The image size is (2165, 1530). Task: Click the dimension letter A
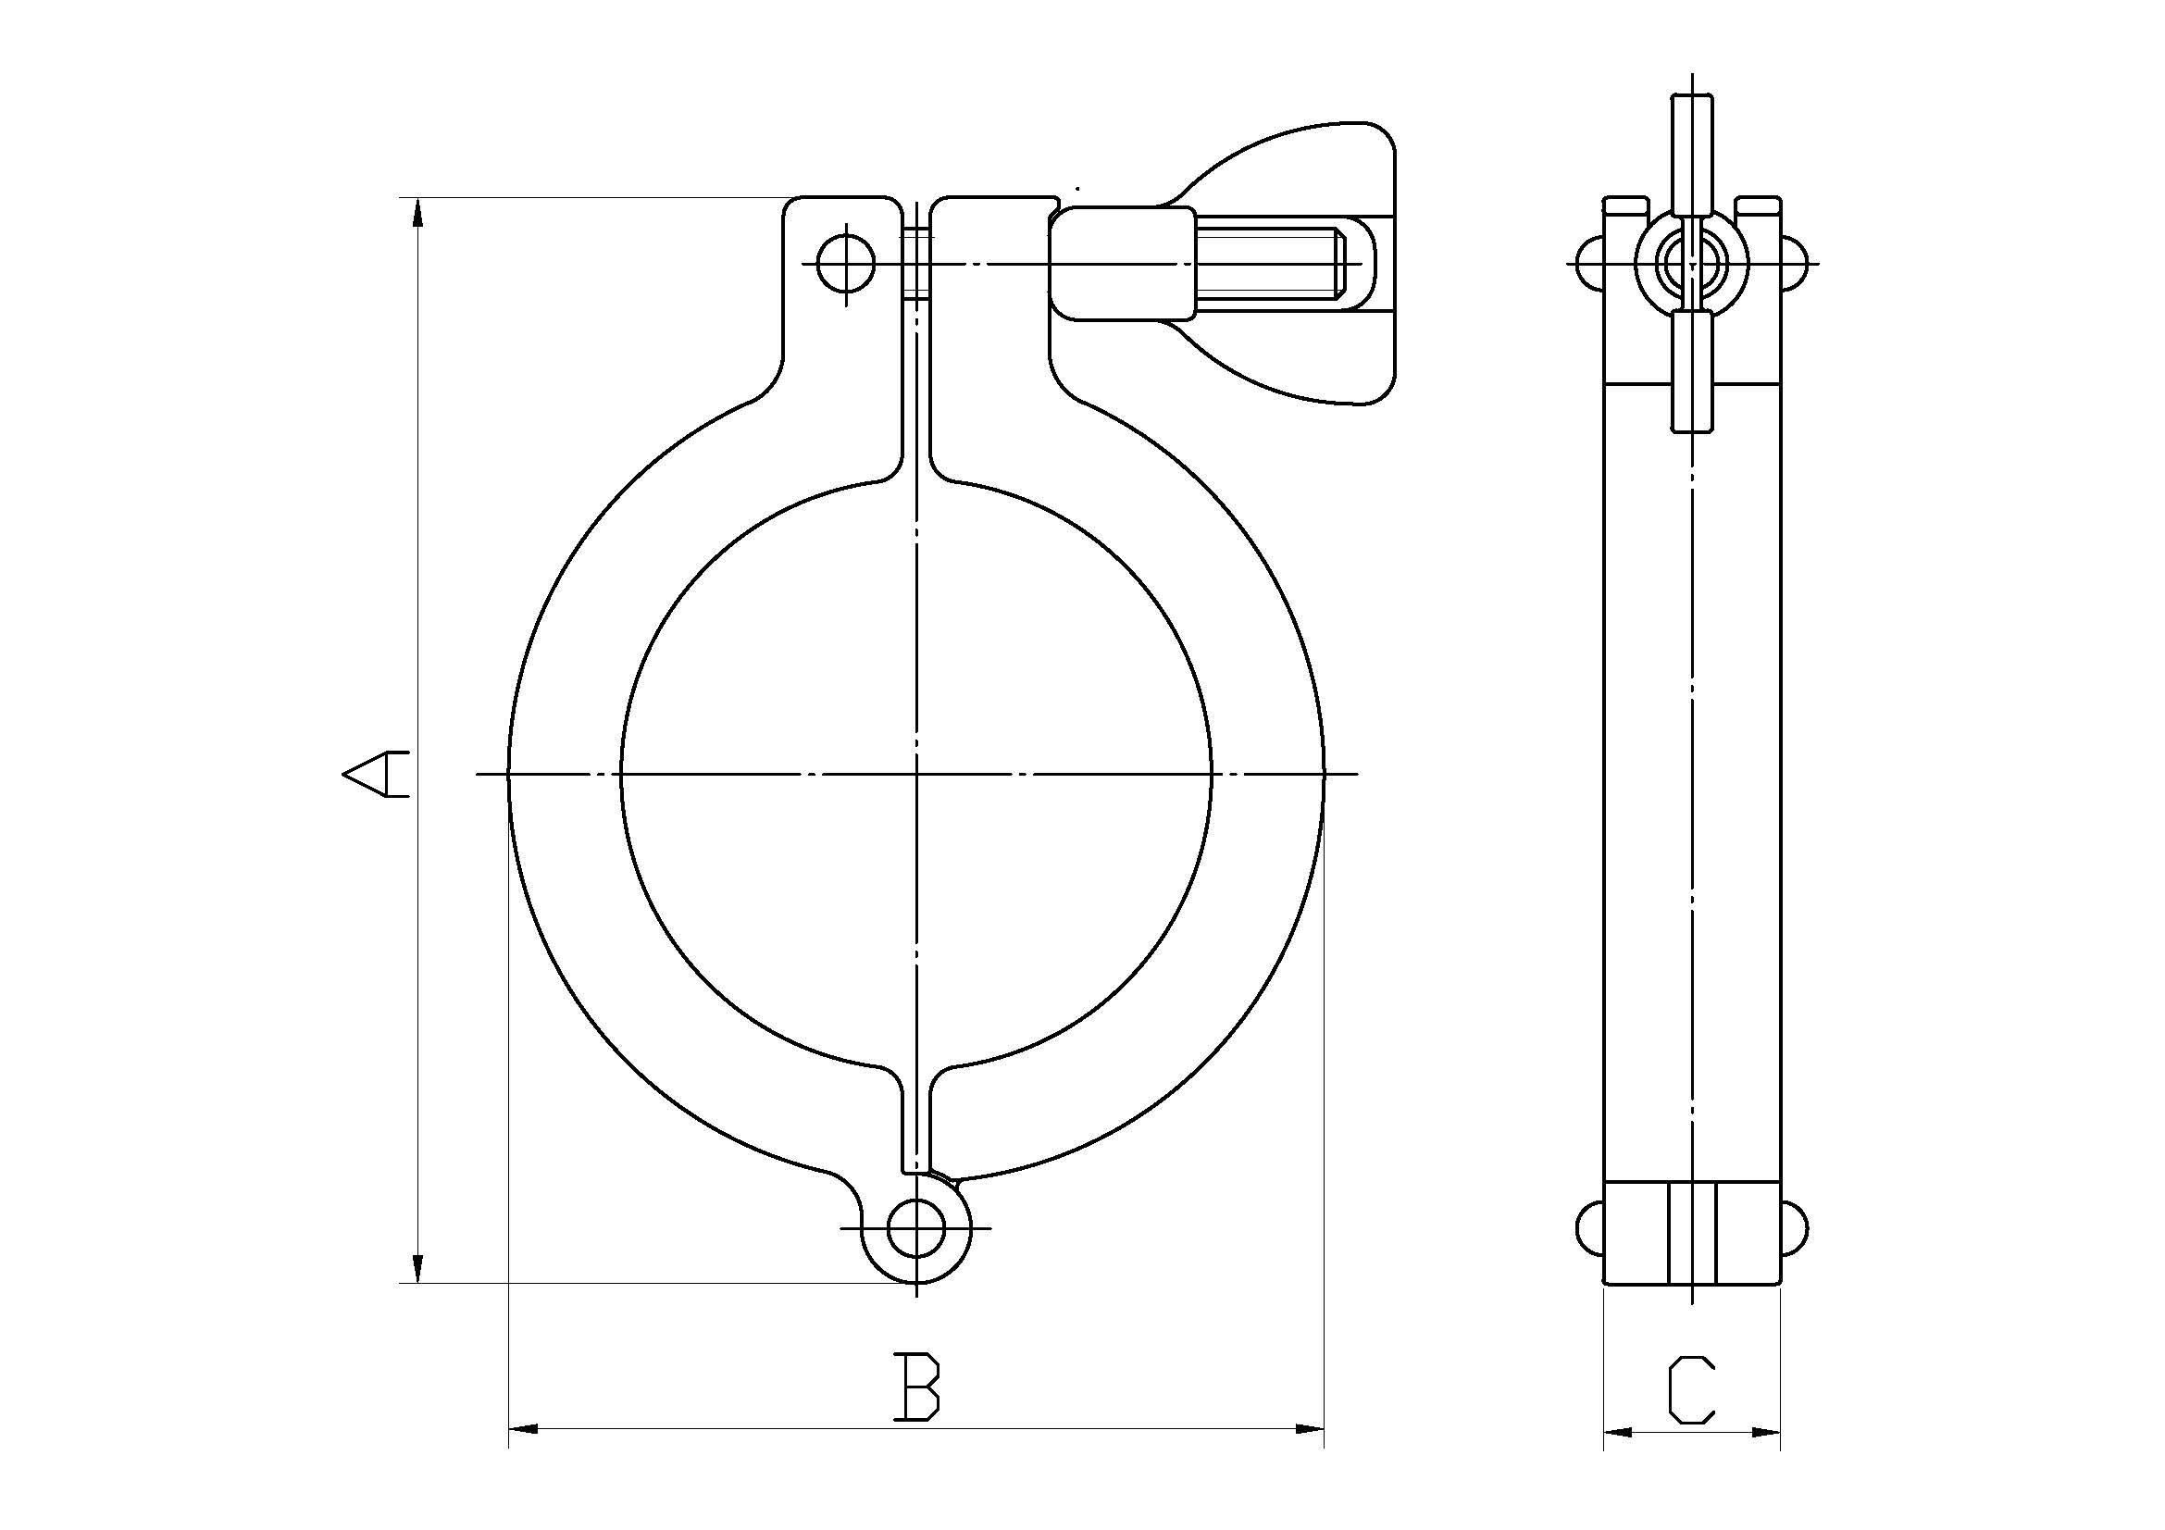(375, 774)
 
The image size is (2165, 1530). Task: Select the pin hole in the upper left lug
(846, 263)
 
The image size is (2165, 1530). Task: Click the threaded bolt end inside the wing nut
(1273, 264)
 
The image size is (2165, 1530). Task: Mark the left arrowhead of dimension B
(522, 1456)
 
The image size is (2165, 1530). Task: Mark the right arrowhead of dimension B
(1311, 1456)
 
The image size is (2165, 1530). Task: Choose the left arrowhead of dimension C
(1617, 1460)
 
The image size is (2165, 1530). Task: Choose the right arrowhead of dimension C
(1767, 1460)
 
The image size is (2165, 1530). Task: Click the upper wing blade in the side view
(1692, 151)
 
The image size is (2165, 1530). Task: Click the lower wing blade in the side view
(1692, 372)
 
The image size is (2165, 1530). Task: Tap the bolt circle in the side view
(1692, 263)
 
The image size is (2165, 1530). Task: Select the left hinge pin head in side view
(1590, 1229)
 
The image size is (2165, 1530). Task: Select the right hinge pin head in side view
(1795, 1229)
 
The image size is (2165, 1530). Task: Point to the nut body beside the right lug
(1122, 264)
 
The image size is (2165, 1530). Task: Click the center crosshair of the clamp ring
(916, 774)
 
